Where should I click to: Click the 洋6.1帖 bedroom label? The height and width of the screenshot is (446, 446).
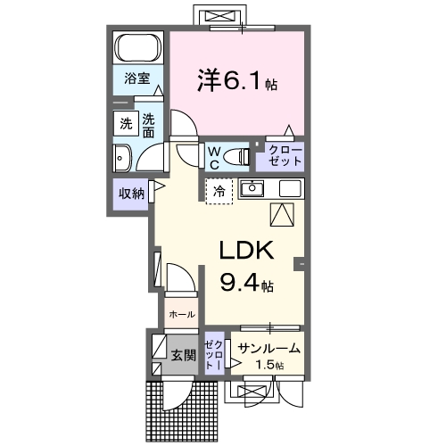236,81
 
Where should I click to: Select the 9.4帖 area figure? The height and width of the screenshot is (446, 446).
247,285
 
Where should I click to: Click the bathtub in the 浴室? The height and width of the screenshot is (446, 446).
137,48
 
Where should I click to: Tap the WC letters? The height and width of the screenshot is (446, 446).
214,158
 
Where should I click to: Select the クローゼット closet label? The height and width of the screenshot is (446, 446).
279,158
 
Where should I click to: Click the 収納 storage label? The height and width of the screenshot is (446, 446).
130,194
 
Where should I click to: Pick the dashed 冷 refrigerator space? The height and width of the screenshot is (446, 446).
219,191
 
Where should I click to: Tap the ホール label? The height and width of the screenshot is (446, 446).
182,315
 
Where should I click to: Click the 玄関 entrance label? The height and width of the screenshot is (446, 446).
182,355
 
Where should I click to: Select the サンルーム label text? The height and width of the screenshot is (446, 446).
268,349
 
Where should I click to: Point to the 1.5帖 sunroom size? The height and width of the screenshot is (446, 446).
268,366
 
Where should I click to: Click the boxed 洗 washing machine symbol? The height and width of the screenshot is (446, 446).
125,125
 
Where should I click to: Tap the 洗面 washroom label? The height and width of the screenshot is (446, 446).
149,125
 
